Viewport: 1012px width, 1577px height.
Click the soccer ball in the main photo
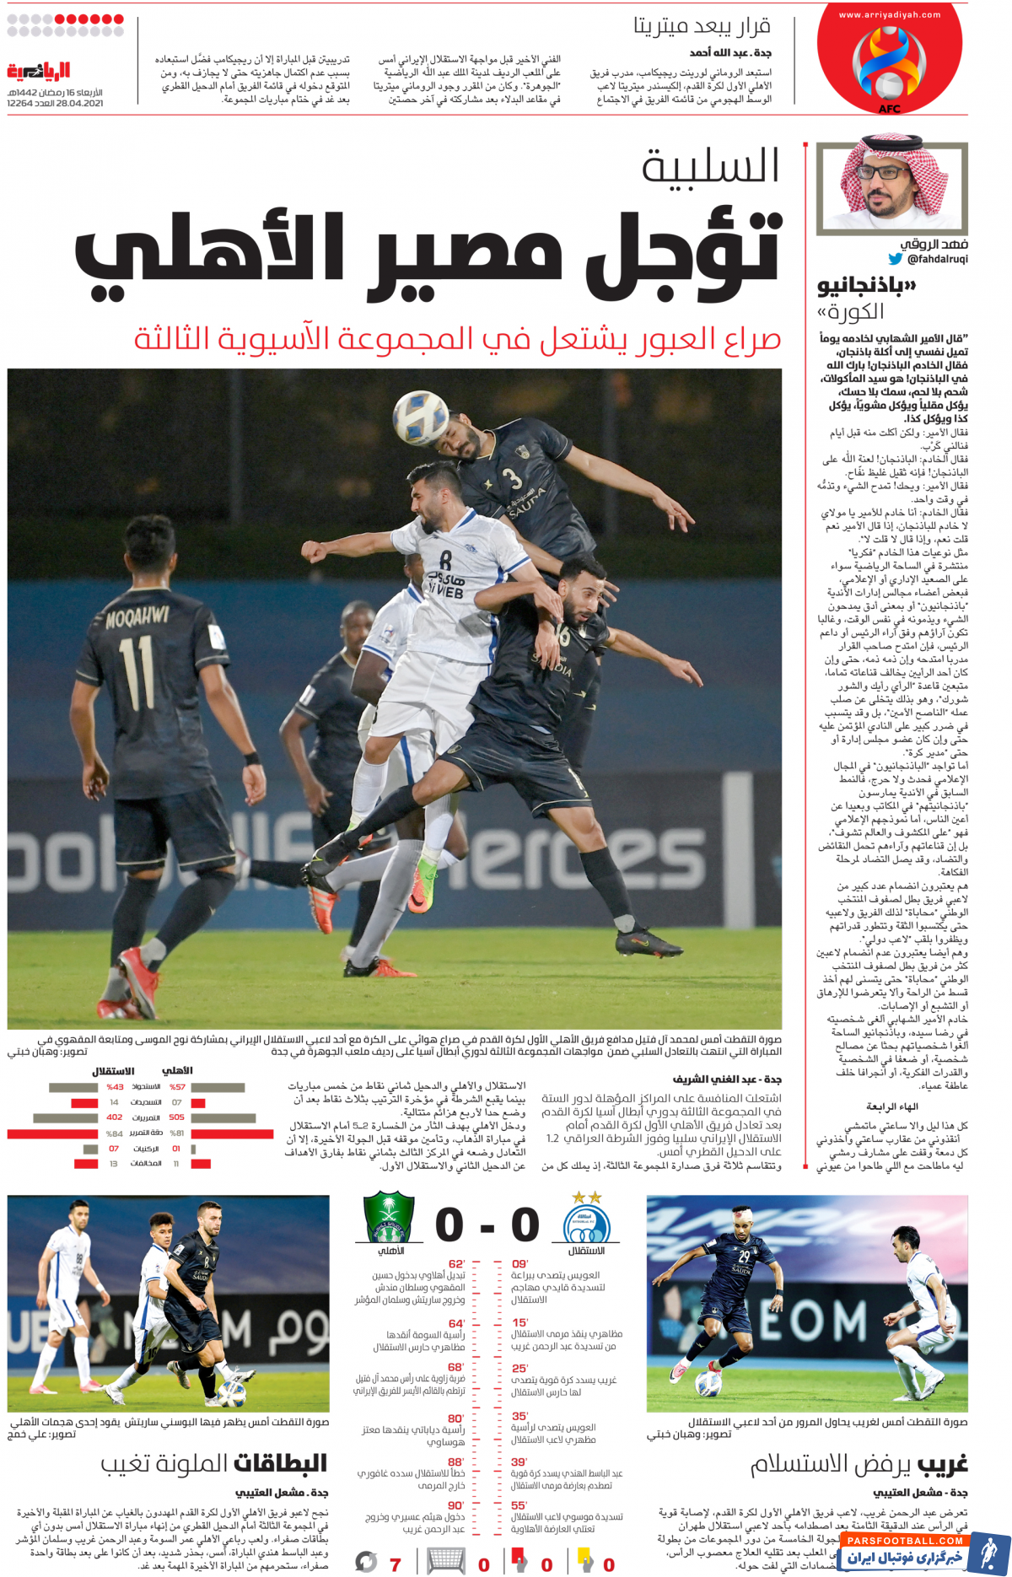point(421,417)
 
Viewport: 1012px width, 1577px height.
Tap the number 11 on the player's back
point(137,672)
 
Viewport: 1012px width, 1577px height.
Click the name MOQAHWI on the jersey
point(137,618)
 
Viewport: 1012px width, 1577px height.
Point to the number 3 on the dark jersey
point(512,478)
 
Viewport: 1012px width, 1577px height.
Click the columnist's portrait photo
point(892,188)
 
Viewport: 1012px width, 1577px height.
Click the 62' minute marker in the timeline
point(456,1263)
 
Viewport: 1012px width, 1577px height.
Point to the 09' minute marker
point(520,1263)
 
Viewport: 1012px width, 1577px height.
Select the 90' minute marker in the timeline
point(456,1505)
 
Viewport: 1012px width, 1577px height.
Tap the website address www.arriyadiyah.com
point(890,14)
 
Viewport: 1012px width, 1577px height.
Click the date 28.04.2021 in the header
point(79,103)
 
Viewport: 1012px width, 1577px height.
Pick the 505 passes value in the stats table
point(176,1117)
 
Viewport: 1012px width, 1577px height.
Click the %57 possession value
point(177,1087)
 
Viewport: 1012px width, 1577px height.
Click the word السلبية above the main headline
point(710,166)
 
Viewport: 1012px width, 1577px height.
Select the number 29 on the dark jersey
point(744,1256)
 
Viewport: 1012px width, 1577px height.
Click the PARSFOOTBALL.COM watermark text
point(907,1541)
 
